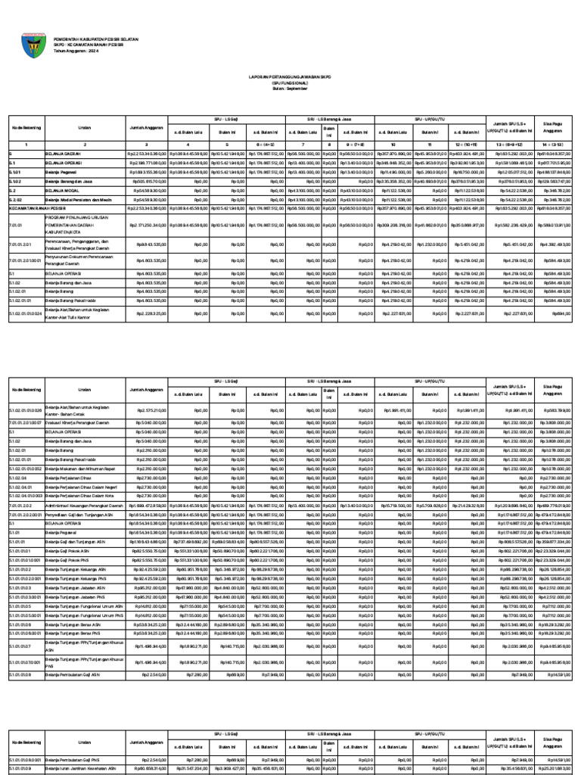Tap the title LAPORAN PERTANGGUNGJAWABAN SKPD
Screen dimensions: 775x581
[290, 76]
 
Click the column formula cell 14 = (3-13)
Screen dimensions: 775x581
[555, 143]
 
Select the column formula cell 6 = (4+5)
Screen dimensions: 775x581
[265, 143]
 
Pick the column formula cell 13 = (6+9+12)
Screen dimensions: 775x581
[514, 143]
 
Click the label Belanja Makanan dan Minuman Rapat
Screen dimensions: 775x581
[79, 468]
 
